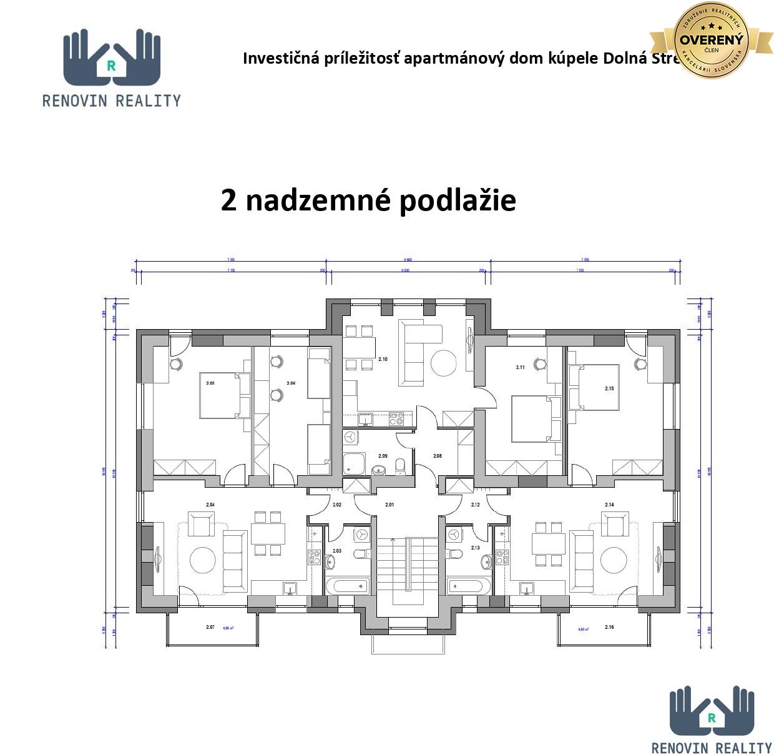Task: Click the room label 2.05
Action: point(210,383)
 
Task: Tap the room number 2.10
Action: point(383,359)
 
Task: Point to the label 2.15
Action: point(609,388)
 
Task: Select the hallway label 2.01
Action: point(389,505)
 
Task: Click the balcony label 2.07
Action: point(210,626)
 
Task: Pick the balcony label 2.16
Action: point(609,626)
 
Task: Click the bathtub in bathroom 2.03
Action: point(347,586)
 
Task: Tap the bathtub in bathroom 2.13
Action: point(469,586)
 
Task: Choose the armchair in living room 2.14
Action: point(615,523)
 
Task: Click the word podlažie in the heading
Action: point(458,200)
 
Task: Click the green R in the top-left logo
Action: point(111,64)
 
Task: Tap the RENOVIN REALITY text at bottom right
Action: point(712,748)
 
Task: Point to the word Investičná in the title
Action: point(280,59)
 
